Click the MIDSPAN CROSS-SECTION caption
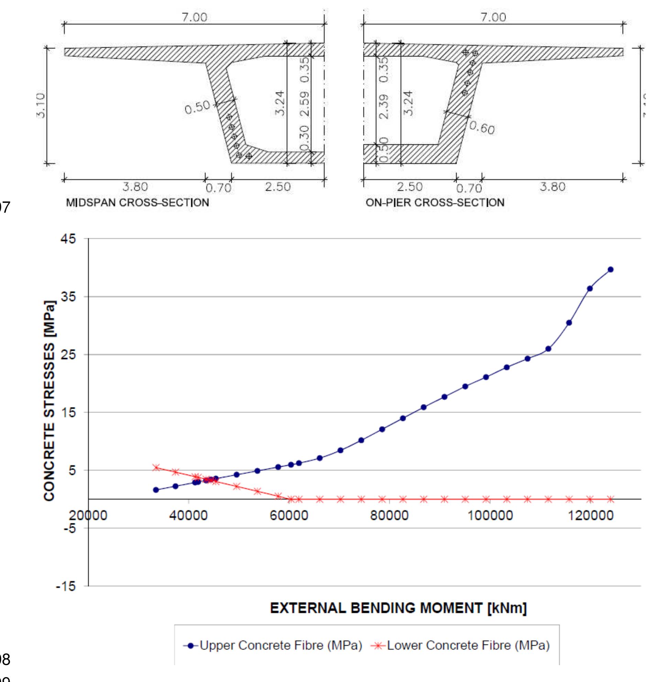point(138,202)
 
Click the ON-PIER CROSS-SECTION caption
point(435,202)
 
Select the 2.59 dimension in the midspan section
point(304,104)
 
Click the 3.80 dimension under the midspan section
point(135,187)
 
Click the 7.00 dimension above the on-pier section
point(493,18)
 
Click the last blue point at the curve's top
point(610,269)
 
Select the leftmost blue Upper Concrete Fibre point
point(156,490)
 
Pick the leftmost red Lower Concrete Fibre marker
point(156,467)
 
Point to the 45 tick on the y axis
point(68,239)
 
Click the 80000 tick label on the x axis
point(389,515)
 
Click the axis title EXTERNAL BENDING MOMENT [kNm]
point(398,608)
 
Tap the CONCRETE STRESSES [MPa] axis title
point(49,401)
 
